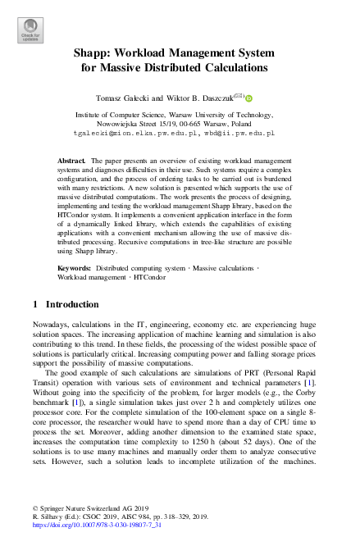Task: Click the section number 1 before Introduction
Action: (34, 304)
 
